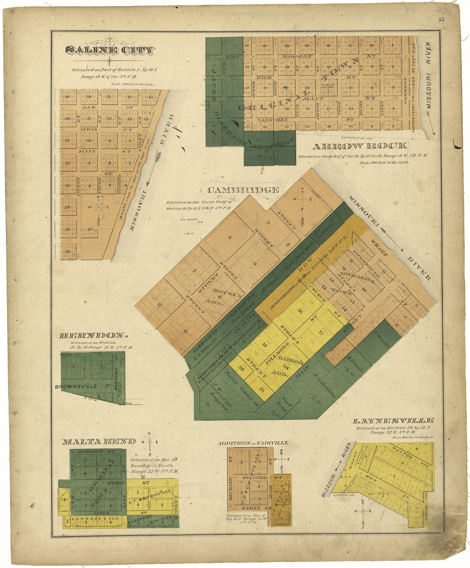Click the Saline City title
click(109, 50)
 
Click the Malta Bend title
click(99, 441)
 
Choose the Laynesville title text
click(394, 421)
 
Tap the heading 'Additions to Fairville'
click(253, 443)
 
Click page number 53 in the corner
click(441, 20)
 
